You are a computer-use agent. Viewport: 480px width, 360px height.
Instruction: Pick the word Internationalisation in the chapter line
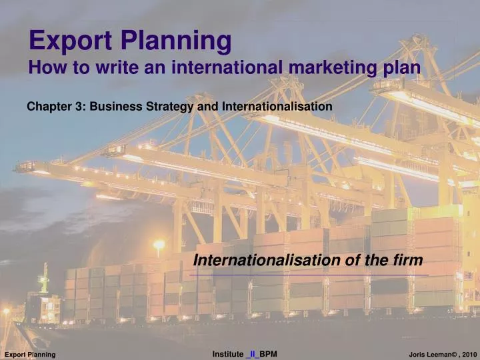coord(277,106)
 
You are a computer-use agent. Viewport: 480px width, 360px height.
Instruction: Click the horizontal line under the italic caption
coord(309,274)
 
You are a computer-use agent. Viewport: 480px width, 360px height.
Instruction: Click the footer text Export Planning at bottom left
coord(30,353)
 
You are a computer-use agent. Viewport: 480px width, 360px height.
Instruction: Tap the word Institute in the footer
coord(227,353)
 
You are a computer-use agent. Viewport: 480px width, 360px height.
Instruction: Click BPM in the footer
coord(268,353)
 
